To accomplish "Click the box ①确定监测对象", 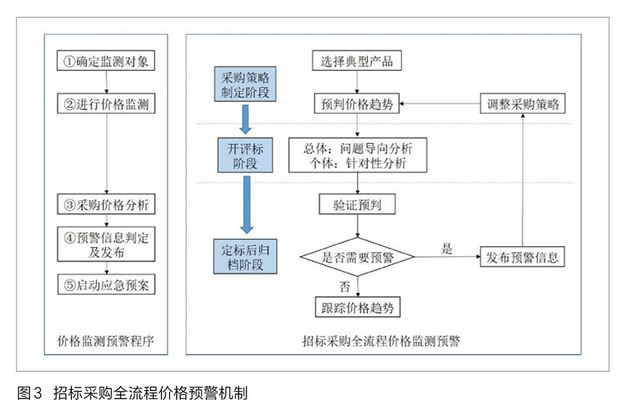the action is [x=106, y=61].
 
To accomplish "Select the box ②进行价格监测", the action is [x=106, y=104].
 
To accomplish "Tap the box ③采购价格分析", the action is [x=106, y=204].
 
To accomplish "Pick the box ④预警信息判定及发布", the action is [x=106, y=244].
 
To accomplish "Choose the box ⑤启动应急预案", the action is [x=106, y=285].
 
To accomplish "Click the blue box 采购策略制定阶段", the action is [x=245, y=84].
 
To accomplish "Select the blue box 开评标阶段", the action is [x=245, y=155].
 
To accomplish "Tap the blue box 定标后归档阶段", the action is [x=245, y=257].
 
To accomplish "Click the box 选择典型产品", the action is [x=357, y=61].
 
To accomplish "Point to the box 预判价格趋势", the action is [x=357, y=104].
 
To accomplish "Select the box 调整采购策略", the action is [x=523, y=104].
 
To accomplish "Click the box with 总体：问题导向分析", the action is [x=357, y=155].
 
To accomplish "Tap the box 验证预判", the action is [x=357, y=204].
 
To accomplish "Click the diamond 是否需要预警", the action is [x=357, y=257].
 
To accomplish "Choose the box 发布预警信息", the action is [x=522, y=257].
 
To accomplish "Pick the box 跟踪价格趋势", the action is [x=357, y=307].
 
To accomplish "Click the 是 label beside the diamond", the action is [x=447, y=248].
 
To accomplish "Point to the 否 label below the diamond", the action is [x=344, y=287].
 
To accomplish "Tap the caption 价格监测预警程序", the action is [x=106, y=341].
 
